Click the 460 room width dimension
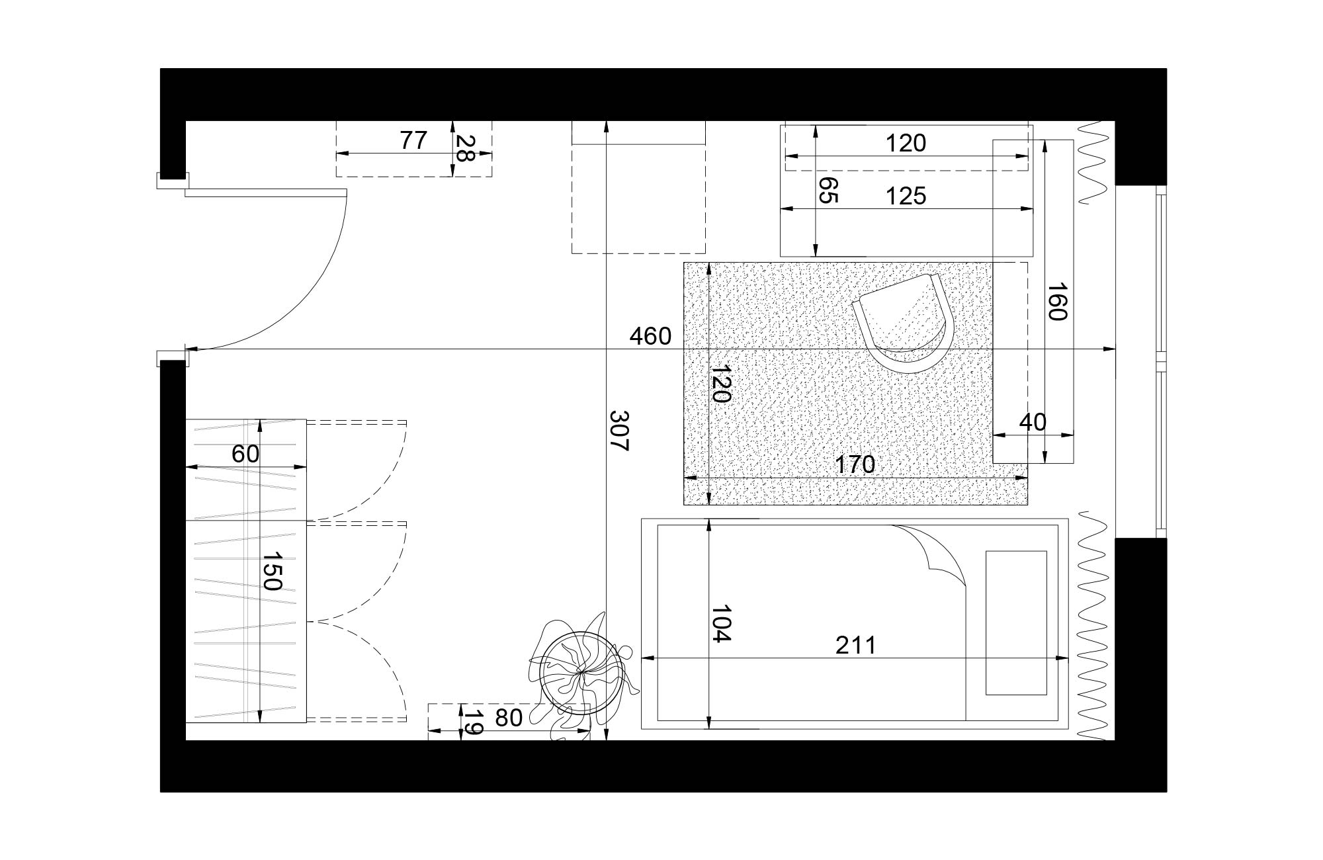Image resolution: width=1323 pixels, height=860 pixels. click(x=650, y=337)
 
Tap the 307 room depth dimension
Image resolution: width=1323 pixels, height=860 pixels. click(x=619, y=431)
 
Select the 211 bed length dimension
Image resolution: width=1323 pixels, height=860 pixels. click(x=855, y=645)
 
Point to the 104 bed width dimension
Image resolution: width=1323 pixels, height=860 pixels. click(x=720, y=623)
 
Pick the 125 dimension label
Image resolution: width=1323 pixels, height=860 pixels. click(x=906, y=196)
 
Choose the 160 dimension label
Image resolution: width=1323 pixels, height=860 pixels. click(x=1057, y=301)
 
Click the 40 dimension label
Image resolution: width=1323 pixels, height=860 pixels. click(x=1033, y=422)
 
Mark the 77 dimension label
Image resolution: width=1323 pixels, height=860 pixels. click(x=413, y=140)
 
